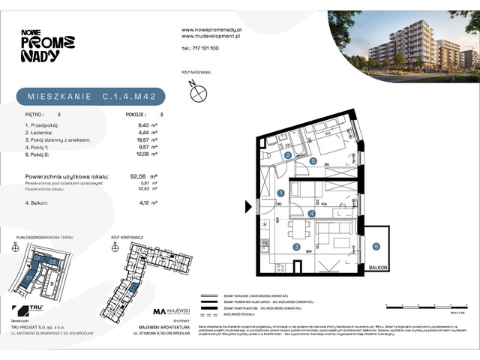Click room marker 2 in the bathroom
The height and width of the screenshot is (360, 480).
[x=288, y=155]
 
